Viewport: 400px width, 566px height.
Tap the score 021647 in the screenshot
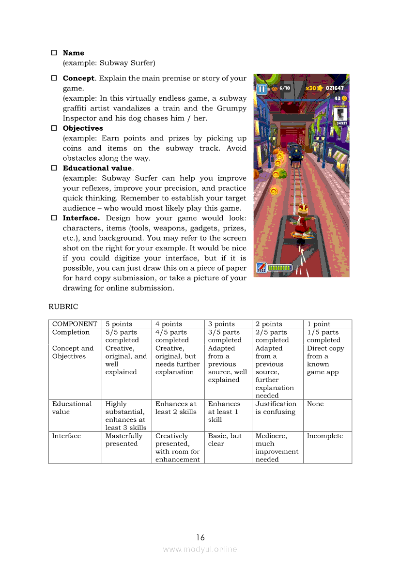click(x=335, y=88)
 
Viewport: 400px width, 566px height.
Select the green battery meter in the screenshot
click(x=280, y=268)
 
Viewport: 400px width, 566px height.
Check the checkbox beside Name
click(x=54, y=53)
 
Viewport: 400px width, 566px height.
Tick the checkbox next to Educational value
click(x=54, y=168)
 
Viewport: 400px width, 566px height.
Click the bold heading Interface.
click(x=81, y=218)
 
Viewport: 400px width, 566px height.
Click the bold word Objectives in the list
click(x=83, y=128)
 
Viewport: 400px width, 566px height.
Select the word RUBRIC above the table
click(x=63, y=306)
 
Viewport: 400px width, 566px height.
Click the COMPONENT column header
click(x=75, y=324)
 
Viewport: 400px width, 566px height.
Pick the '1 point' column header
click(x=319, y=324)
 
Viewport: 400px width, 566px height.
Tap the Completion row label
click(x=71, y=332)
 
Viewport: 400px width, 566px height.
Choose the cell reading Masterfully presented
click(x=124, y=440)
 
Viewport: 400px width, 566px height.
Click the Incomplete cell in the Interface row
click(x=325, y=436)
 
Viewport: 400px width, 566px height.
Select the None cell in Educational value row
click(x=315, y=404)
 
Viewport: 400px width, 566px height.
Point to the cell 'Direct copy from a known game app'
click(x=325, y=360)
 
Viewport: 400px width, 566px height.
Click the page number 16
click(x=200, y=537)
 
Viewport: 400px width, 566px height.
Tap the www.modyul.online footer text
click(x=200, y=550)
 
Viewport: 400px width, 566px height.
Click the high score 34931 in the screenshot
click(x=341, y=123)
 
